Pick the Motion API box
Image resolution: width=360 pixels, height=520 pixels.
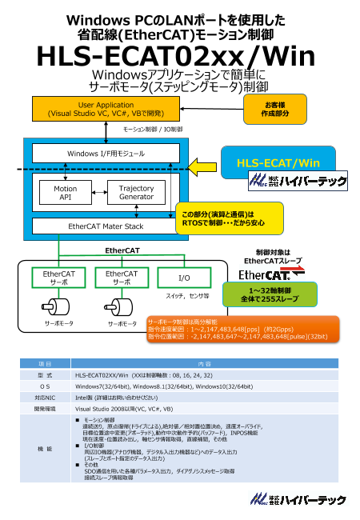click(x=66, y=193)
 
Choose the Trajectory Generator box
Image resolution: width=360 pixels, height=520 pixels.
click(x=135, y=193)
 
